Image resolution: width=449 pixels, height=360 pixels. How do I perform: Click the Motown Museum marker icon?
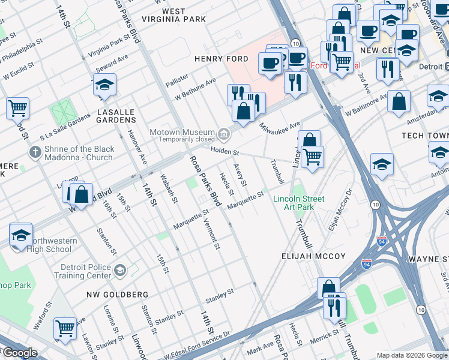pyautogui.click(x=224, y=133)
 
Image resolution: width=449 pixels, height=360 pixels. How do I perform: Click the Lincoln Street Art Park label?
pyautogui.click(x=298, y=203)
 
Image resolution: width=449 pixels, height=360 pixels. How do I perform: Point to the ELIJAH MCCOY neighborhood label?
pyautogui.click(x=313, y=256)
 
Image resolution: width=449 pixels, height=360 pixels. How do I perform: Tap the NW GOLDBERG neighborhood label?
pyautogui.click(x=117, y=295)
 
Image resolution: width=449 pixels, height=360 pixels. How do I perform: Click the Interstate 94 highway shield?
pyautogui.click(x=382, y=241)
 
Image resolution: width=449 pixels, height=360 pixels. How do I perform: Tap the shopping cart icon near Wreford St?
pyautogui.click(x=65, y=328)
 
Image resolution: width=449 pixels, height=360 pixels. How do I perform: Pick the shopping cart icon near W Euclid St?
pyautogui.click(x=18, y=109)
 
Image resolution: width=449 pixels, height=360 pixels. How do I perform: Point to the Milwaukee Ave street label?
pyautogui.click(x=279, y=127)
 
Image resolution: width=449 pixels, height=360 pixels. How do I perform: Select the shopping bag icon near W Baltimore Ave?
pyautogui.click(x=399, y=102)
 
